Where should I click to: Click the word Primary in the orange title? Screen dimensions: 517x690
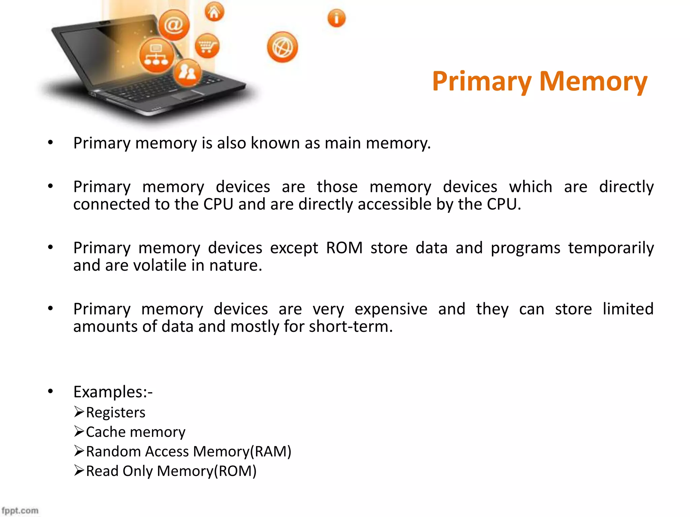pos(482,81)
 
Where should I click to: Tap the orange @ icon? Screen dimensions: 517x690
pos(174,25)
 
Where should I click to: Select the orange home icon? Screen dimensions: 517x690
pos(214,12)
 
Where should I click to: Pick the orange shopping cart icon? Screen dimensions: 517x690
pos(207,46)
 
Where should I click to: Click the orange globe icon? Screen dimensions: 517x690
pos(282,47)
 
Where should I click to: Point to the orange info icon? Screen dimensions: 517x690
pos(336,18)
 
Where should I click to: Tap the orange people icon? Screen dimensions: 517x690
pos(187,72)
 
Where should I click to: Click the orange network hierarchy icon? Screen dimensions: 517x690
pos(156,55)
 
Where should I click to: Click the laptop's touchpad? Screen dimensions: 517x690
pos(189,96)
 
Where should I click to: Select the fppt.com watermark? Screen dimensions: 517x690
pos(20,510)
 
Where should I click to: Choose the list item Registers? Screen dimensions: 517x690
pos(116,412)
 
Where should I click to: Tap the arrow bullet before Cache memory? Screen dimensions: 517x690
pos(79,431)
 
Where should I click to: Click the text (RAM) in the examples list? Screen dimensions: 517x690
pos(271,451)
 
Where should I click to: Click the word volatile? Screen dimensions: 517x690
pos(160,265)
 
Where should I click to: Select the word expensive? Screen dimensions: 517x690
pos(391,309)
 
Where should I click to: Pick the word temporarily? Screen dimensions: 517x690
pos(611,248)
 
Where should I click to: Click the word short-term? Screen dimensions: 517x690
pos(350,326)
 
